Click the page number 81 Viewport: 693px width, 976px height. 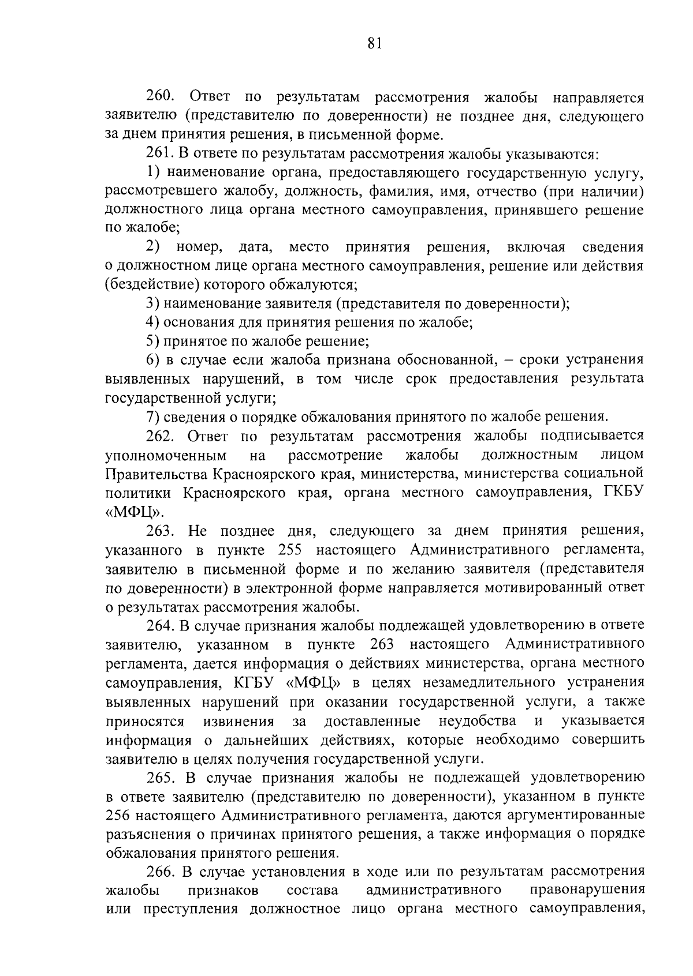(x=374, y=44)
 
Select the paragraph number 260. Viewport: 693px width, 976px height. (x=161, y=97)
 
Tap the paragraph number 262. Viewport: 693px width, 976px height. (x=161, y=436)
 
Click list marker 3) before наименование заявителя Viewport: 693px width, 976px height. (x=152, y=303)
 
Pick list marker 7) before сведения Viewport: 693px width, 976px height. (x=152, y=416)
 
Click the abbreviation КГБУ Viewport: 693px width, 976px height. (x=255, y=682)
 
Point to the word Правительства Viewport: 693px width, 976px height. (x=156, y=474)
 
